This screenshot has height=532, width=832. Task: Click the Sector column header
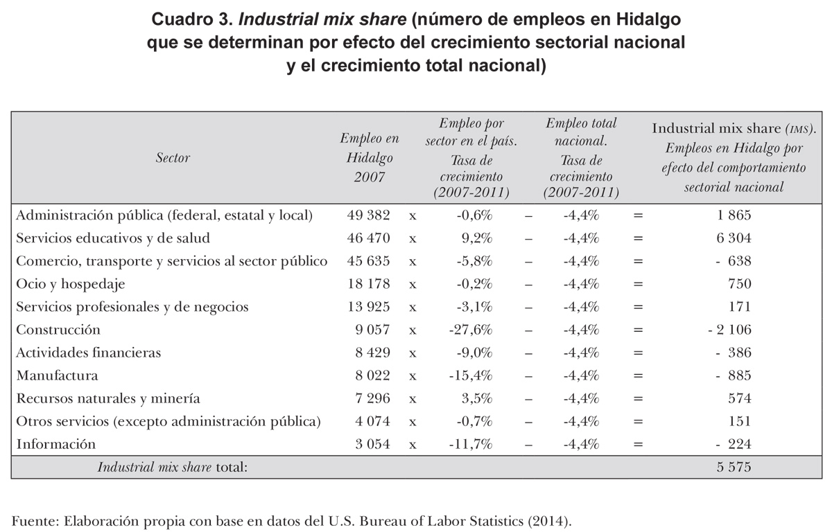coord(173,158)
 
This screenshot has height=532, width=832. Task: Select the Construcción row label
coord(58,330)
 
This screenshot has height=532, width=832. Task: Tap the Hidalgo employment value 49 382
coord(369,215)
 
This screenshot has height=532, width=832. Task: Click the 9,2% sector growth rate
coord(477,238)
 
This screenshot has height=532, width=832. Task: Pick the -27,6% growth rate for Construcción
coord(471,330)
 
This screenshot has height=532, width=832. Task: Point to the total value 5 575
coord(734,467)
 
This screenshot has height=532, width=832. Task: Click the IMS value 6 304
coord(734,238)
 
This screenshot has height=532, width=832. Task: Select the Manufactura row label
coord(58,375)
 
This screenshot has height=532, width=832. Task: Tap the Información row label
coord(55,444)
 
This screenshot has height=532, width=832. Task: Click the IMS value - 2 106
coord(729,330)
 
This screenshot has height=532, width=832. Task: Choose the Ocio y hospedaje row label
coord(71,284)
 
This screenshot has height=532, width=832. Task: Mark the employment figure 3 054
coord(369,444)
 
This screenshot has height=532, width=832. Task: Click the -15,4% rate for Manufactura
coord(471,375)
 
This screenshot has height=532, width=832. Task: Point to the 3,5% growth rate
coord(477,398)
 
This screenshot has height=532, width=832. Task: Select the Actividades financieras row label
coord(88,353)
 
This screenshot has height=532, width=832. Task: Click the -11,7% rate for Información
coord(471,444)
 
